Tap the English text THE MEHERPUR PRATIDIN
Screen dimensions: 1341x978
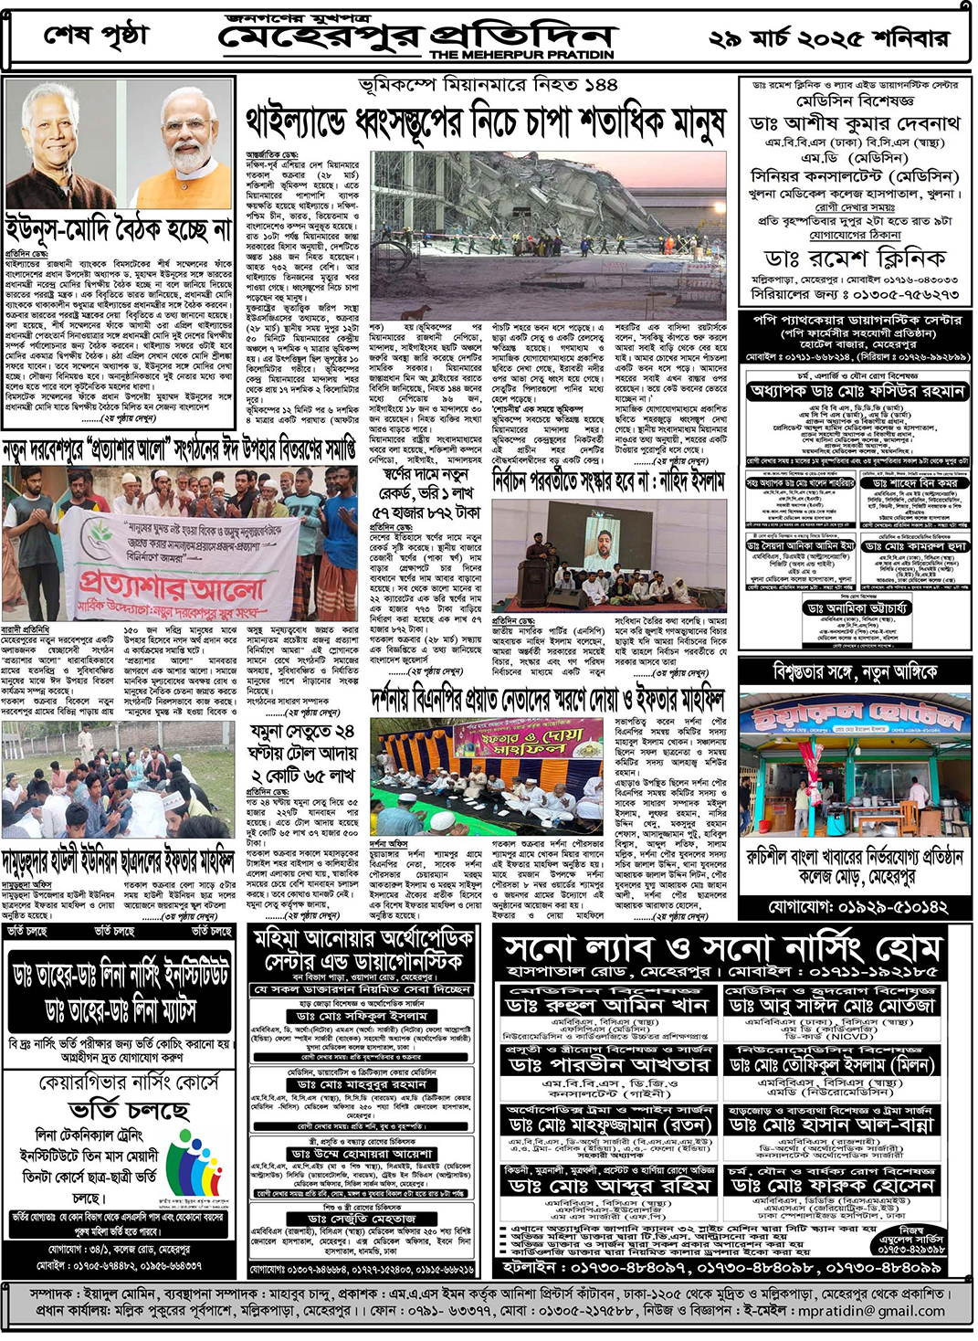tap(521, 55)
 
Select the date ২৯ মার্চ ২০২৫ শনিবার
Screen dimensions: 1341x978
tap(829, 38)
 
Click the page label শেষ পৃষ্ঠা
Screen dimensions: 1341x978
tap(95, 36)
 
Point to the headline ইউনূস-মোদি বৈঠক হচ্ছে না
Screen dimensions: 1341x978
tap(119, 228)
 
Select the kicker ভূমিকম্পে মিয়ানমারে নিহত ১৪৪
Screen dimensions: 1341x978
tap(488, 85)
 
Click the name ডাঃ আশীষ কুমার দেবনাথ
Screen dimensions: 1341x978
tap(854, 122)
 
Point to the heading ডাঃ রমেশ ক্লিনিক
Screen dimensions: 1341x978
tap(854, 258)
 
